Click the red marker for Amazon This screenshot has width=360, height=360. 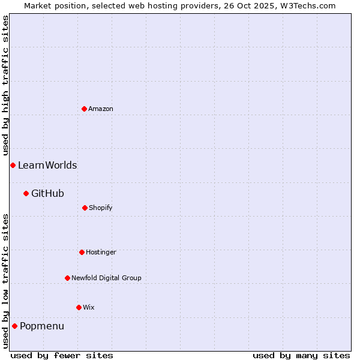tap(84, 109)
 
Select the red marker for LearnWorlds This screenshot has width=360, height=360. tap(13, 165)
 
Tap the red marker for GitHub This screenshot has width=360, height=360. tap(26, 193)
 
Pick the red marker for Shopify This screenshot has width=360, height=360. tap(85, 208)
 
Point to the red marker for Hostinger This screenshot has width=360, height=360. tap(82, 252)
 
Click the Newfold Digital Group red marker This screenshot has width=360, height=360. tap(67, 278)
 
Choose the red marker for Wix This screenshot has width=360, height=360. tap(79, 307)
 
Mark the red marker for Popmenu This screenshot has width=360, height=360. tap(14, 326)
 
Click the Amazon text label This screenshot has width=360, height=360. tap(101, 109)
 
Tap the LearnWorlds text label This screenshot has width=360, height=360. tap(47, 165)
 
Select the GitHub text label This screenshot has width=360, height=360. tap(47, 193)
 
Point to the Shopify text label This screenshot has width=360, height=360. tap(101, 208)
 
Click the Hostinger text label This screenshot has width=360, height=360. tap(101, 252)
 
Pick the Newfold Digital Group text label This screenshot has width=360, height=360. tap(106, 278)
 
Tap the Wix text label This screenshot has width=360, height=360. tap(89, 307)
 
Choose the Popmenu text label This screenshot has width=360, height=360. tap(42, 326)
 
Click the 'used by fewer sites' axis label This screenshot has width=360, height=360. tap(62, 355)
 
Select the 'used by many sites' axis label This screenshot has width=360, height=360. tap(301, 355)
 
